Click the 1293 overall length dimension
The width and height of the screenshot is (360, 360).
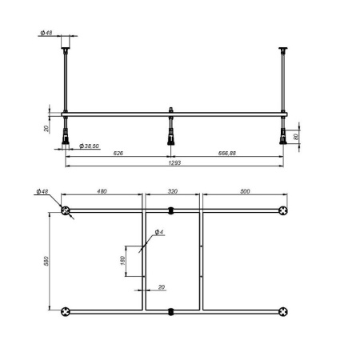coord(174,163)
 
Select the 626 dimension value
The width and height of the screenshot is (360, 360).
coord(117,152)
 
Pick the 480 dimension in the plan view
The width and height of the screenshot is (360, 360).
coord(102,192)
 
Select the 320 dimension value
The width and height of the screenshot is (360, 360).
coord(172,192)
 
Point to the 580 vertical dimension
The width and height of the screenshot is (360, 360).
coord(46,261)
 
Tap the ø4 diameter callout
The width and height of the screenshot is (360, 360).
coord(159,233)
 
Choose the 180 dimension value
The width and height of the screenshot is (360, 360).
coord(122,260)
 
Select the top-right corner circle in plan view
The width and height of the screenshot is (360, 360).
coord(282,212)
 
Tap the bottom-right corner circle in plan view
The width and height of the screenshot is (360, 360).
coord(282,310)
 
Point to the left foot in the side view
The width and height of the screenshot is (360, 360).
coord(66,136)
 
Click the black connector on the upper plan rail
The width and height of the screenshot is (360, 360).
coord(170,212)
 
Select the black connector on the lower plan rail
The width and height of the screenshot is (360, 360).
coord(170,310)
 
